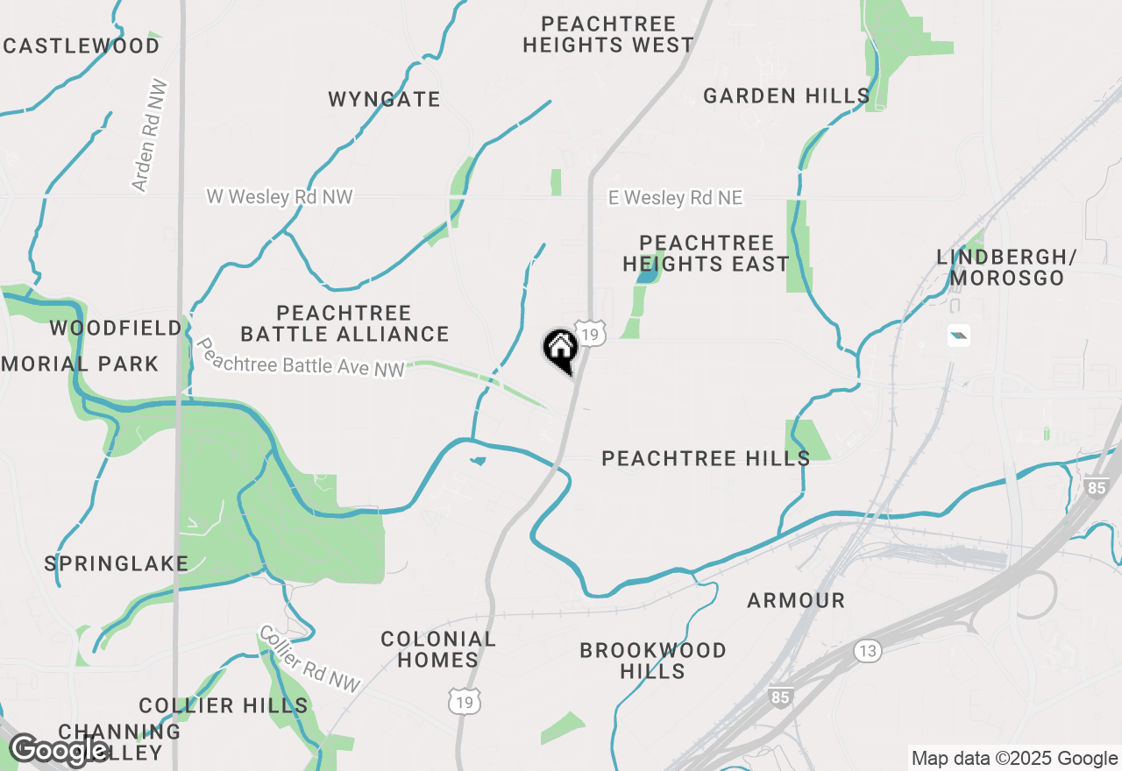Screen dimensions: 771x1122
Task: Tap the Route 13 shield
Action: pyautogui.click(x=867, y=650)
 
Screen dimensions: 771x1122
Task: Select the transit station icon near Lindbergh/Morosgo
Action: pyautogui.click(x=959, y=335)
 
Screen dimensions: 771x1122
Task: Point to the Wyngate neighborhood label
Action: pyautogui.click(x=384, y=99)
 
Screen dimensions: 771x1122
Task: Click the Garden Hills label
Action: pyautogui.click(x=786, y=95)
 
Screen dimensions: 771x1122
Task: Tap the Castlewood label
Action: pyautogui.click(x=82, y=46)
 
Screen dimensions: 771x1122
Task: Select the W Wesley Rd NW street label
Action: pyautogui.click(x=280, y=196)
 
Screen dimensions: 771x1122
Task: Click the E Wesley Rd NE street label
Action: pyautogui.click(x=676, y=198)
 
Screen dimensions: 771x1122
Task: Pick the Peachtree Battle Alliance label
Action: pyautogui.click(x=344, y=323)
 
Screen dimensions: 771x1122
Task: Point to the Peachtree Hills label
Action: pyautogui.click(x=706, y=458)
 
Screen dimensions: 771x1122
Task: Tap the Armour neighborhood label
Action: pyautogui.click(x=796, y=600)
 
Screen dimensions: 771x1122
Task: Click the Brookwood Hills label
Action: pyautogui.click(x=653, y=661)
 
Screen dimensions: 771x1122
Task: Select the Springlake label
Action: pyautogui.click(x=117, y=563)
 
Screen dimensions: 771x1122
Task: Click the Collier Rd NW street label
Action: pyautogui.click(x=309, y=659)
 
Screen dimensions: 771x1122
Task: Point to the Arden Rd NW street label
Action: pyautogui.click(x=149, y=137)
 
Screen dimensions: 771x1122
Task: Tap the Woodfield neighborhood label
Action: pyautogui.click(x=116, y=329)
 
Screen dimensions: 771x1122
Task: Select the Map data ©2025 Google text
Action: pyautogui.click(x=1014, y=759)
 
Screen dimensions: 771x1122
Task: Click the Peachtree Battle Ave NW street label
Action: pyautogui.click(x=300, y=358)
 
